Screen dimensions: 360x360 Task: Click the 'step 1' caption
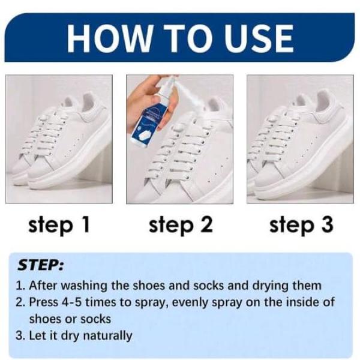click(59, 225)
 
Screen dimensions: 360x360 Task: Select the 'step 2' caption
click(181, 225)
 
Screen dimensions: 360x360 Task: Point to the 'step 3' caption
click(301, 225)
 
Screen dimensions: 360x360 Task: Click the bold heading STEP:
click(40, 265)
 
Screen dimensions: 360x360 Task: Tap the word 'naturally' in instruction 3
click(107, 336)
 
